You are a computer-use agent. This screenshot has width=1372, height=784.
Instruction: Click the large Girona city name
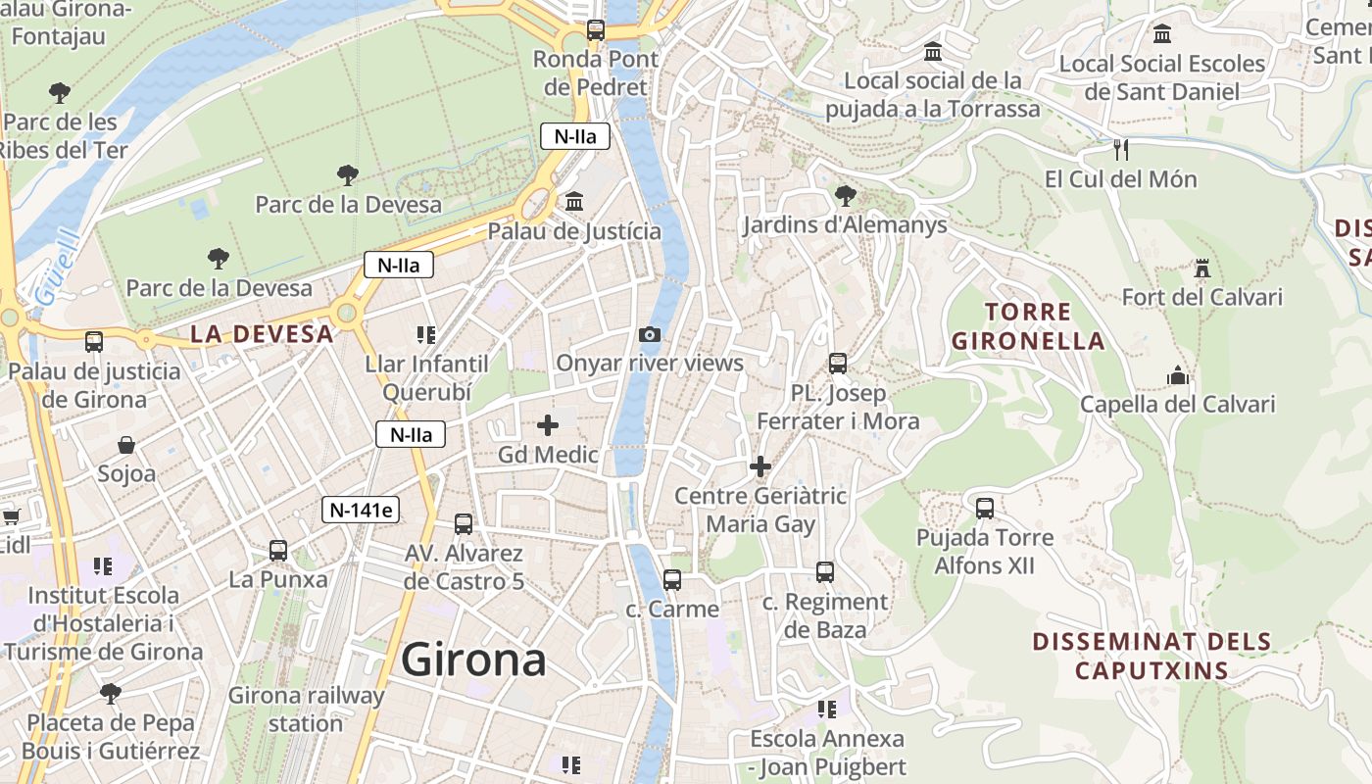point(473,660)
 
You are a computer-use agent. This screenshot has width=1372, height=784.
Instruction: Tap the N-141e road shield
point(362,510)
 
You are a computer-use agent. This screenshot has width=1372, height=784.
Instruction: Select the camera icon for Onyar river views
point(649,335)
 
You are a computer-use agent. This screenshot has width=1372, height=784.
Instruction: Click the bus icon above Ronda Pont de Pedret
point(596,30)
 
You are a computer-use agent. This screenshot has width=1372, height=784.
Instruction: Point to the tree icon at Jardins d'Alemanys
point(845,196)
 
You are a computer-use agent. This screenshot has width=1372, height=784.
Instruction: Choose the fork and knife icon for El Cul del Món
point(1122,150)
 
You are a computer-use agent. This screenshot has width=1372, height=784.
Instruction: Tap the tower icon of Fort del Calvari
point(1201,268)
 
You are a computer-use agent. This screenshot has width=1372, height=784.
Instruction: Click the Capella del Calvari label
point(1177,404)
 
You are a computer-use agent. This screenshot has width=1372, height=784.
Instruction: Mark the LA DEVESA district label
point(262,334)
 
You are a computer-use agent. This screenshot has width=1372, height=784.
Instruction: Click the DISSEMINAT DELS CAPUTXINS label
point(1151,656)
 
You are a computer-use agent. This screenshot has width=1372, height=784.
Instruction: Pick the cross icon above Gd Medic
point(548,425)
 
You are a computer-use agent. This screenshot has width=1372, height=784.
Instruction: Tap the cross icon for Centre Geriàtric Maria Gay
point(760,466)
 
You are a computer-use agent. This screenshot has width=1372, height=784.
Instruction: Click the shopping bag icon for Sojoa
point(126,445)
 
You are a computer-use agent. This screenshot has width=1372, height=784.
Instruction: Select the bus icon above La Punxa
point(278,550)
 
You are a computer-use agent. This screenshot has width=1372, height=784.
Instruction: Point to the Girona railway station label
point(306,710)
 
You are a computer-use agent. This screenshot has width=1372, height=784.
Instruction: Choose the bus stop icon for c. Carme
point(671,579)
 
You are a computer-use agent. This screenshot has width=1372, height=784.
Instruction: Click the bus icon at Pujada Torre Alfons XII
point(985,508)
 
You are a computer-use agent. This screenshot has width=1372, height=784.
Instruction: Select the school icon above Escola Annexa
point(827,709)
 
